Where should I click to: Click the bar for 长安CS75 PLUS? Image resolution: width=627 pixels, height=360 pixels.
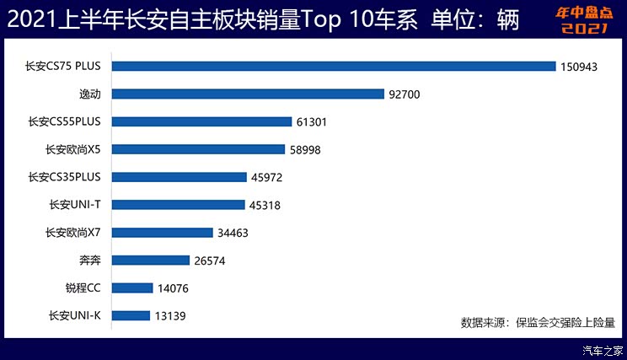coord(333,66)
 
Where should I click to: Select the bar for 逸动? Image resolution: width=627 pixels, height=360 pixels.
coord(248,94)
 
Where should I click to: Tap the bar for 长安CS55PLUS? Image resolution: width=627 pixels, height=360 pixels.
coord(201,121)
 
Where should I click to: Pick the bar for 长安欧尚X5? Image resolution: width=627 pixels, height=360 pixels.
coord(198,149)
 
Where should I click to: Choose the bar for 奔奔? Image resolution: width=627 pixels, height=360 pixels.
coord(150,260)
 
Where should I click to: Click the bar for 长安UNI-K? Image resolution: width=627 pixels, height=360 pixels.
coord(131,315)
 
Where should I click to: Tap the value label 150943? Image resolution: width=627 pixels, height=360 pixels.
coord(579,67)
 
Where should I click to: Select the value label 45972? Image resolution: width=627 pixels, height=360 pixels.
coord(266,177)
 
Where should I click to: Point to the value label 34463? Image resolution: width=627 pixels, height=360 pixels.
coord(232,233)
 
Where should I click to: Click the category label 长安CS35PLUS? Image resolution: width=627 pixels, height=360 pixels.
coord(64,177)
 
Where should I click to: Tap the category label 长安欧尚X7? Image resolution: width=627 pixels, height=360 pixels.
coord(73,233)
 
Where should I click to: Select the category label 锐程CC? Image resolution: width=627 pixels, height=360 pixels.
coord(83,288)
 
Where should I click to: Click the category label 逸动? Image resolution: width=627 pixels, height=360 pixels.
coord(89,94)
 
